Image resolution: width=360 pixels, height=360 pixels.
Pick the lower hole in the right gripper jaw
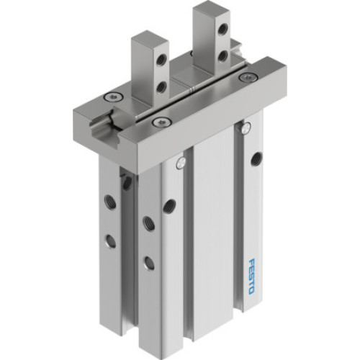point(223,54)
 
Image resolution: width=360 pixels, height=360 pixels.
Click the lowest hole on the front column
point(148,262)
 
